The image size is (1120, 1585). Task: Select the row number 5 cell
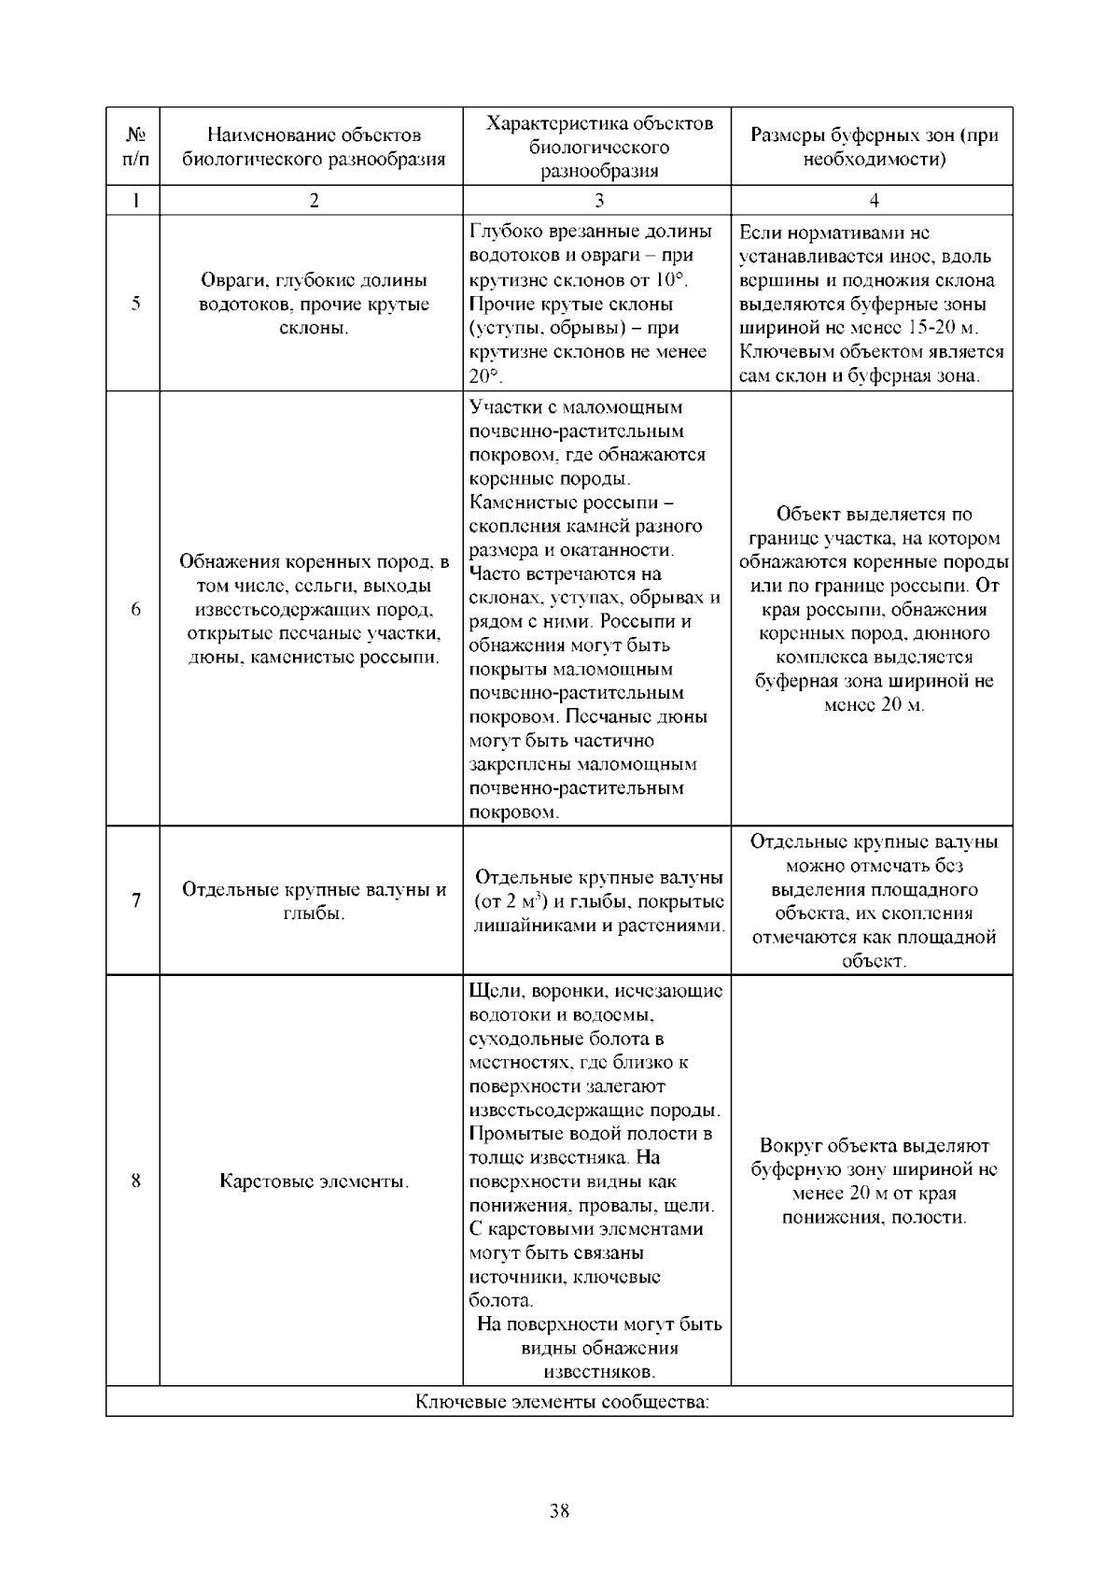136,304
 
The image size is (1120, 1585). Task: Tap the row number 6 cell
136,609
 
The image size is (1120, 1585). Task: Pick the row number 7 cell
136,900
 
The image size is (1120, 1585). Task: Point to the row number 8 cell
136,1182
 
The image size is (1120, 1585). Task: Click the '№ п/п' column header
136,147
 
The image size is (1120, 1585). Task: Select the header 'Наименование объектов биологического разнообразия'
314,147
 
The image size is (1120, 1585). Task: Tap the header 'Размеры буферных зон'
874,147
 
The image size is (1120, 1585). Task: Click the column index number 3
598,200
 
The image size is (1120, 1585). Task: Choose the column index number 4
874,200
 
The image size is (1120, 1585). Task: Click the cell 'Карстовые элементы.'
314,1182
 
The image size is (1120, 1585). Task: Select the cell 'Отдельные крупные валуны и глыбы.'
314,900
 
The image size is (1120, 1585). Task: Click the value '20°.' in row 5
485,376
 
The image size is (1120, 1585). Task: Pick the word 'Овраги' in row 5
234,280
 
